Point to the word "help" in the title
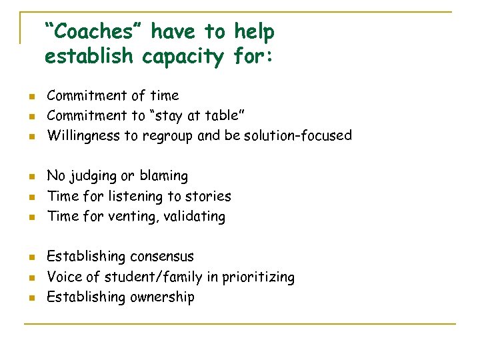254,31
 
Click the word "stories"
209,196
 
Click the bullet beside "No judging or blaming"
31,177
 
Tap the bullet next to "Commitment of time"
31,97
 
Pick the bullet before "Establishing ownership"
31,298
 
